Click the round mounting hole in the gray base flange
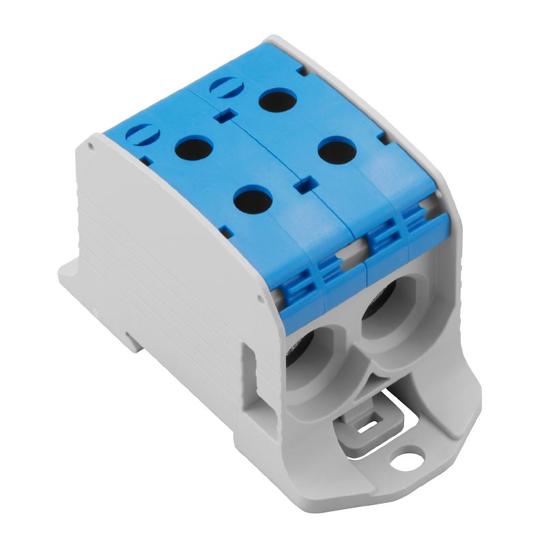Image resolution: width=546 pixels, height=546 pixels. coord(410,453)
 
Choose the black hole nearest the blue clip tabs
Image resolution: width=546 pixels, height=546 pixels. coord(253,199)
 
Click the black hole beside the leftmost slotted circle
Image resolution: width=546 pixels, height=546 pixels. coord(195,147)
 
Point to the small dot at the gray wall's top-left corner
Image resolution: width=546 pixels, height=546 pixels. coord(89,145)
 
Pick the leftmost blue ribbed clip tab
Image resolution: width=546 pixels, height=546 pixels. coord(298,286)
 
